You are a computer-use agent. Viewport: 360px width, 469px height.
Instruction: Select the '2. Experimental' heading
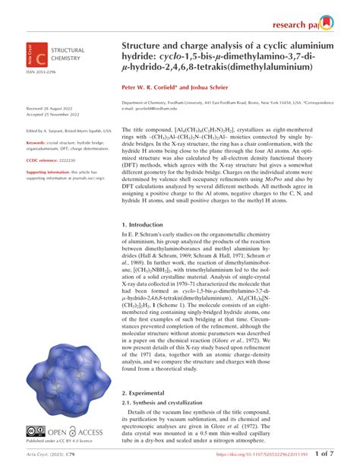[147, 392]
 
